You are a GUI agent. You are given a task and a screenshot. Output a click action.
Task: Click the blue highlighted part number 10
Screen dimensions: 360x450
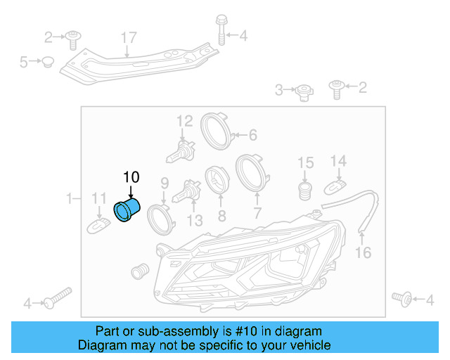coord(127,212)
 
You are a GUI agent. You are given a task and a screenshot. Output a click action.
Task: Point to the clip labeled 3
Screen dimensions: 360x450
coord(303,90)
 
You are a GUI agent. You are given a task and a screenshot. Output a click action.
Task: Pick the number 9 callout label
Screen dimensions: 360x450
coord(165,183)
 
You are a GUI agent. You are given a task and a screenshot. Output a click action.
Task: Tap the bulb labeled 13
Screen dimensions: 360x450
coord(188,191)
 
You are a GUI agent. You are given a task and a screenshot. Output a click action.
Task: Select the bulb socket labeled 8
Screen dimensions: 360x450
coord(217,181)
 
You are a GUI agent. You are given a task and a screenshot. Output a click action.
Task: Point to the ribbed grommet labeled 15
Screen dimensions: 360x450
coord(305,191)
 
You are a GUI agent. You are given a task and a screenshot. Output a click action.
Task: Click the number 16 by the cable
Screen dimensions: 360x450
coord(363,252)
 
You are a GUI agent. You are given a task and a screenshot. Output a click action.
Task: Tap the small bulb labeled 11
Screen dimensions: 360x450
coord(99,225)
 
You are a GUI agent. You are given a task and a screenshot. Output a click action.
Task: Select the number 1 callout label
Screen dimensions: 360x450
coord(69,199)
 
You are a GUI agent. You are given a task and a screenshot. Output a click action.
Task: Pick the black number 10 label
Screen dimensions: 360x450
coord(131,176)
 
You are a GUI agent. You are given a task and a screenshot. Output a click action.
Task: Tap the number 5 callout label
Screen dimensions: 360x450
coord(23,62)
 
